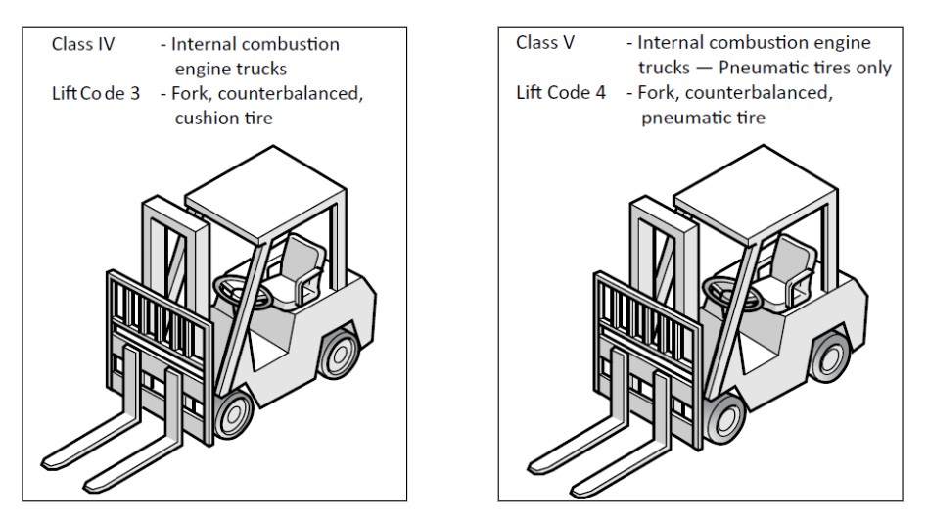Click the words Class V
coord(545,44)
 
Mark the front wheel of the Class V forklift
coord(725,412)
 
